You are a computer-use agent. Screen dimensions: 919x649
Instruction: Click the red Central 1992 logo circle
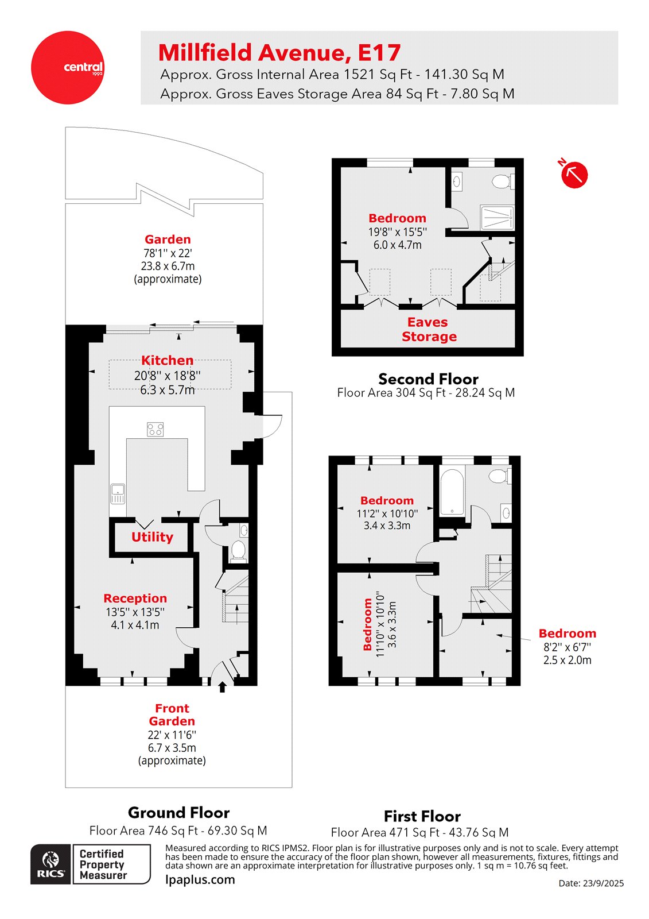pyautogui.click(x=67, y=67)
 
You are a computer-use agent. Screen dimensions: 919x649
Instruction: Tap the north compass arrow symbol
pyautogui.click(x=574, y=174)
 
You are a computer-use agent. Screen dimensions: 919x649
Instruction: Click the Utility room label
pyautogui.click(x=152, y=537)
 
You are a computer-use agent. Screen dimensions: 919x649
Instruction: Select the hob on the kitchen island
pyautogui.click(x=155, y=429)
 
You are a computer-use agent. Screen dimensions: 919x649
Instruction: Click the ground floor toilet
pyautogui.click(x=238, y=550)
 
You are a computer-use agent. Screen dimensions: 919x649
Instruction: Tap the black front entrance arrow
pyautogui.click(x=223, y=687)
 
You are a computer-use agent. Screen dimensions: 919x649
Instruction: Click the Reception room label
pyautogui.click(x=135, y=598)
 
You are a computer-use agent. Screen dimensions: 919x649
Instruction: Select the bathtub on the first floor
pyautogui.click(x=452, y=492)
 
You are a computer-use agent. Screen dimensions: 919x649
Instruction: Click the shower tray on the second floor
pyautogui.click(x=497, y=218)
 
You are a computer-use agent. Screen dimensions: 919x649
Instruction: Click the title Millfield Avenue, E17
pyautogui.click(x=279, y=53)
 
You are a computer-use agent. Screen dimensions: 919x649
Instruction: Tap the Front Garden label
pyautogui.click(x=172, y=715)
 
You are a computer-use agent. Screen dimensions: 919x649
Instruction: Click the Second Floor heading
pyautogui.click(x=428, y=379)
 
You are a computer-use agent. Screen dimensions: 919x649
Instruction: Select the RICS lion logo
pyautogui.click(x=50, y=863)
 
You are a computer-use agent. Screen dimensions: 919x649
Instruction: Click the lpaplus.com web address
pyautogui.click(x=200, y=879)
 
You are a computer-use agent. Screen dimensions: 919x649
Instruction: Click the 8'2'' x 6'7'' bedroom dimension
pyautogui.click(x=567, y=647)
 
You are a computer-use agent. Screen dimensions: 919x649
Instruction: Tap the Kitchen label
pyautogui.click(x=167, y=361)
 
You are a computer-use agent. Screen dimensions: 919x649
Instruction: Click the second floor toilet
pyautogui.click(x=502, y=182)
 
